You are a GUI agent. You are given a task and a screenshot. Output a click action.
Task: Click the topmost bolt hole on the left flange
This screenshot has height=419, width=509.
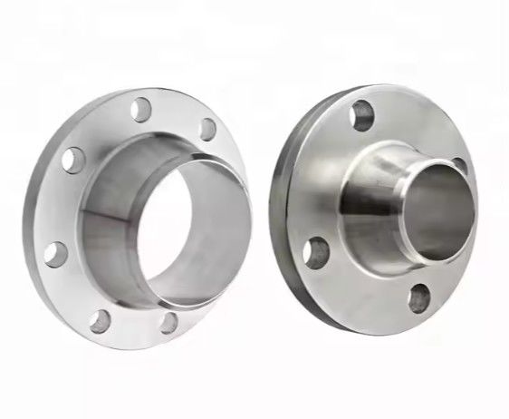pos(140,110)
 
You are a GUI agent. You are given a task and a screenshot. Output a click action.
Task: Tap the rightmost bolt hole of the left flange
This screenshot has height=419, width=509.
pos(207,128)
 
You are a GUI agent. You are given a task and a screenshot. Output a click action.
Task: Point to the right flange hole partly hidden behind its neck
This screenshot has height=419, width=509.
pos(458,165)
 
